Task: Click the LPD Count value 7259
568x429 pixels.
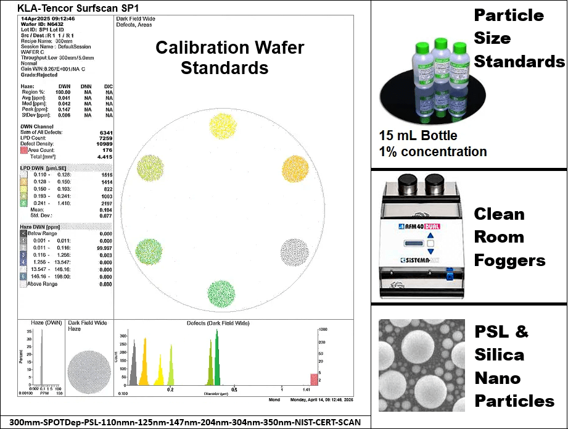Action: [x=105, y=138]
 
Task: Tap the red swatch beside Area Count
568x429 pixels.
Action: [x=23, y=150]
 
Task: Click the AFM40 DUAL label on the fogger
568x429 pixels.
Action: [x=428, y=227]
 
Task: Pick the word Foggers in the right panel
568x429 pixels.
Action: [x=509, y=260]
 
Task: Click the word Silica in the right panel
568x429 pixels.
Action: [x=499, y=355]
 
